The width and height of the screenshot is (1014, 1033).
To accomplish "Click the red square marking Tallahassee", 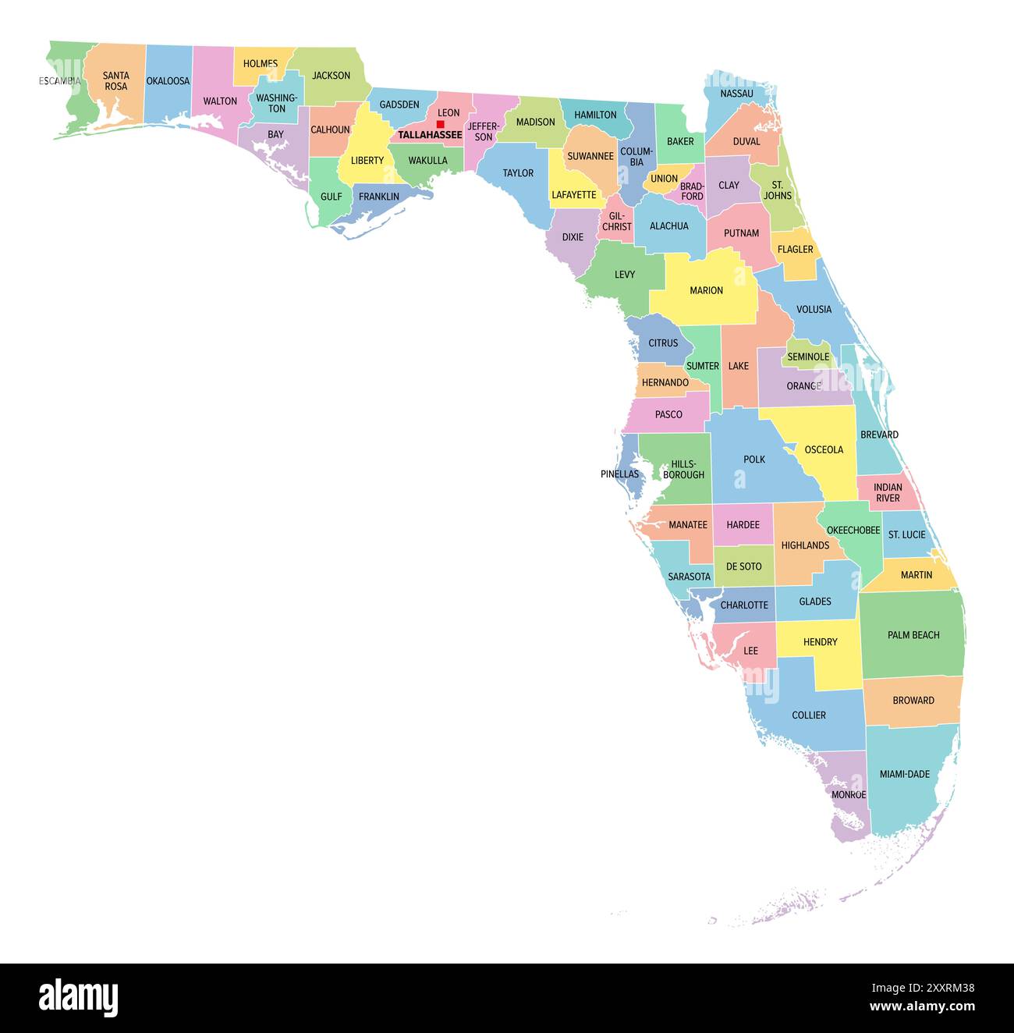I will (x=440, y=124).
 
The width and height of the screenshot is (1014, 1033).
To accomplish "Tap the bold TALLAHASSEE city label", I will (x=430, y=135).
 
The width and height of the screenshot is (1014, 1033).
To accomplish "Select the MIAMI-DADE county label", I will (x=905, y=774).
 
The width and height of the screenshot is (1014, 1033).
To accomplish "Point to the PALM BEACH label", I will (x=913, y=635).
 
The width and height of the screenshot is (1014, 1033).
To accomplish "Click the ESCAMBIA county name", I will (x=60, y=80).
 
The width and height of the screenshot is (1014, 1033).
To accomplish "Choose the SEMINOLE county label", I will (x=808, y=357).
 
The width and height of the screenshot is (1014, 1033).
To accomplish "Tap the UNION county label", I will (x=664, y=179).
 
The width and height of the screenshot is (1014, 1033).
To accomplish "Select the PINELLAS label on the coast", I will (x=619, y=474).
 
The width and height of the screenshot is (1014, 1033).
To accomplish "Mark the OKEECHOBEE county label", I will (x=853, y=530).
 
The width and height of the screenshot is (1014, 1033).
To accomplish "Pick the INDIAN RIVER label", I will (x=888, y=492).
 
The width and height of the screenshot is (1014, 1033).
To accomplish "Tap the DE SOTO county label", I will (x=743, y=566).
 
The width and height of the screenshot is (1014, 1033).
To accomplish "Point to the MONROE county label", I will (x=849, y=795).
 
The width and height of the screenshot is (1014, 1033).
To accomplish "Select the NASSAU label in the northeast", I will (x=736, y=94).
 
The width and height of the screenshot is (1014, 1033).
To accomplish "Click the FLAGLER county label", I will (x=795, y=250).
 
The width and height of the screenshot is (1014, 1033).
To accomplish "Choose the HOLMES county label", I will (x=261, y=64).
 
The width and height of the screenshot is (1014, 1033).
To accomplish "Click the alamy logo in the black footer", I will (x=79, y=998).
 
